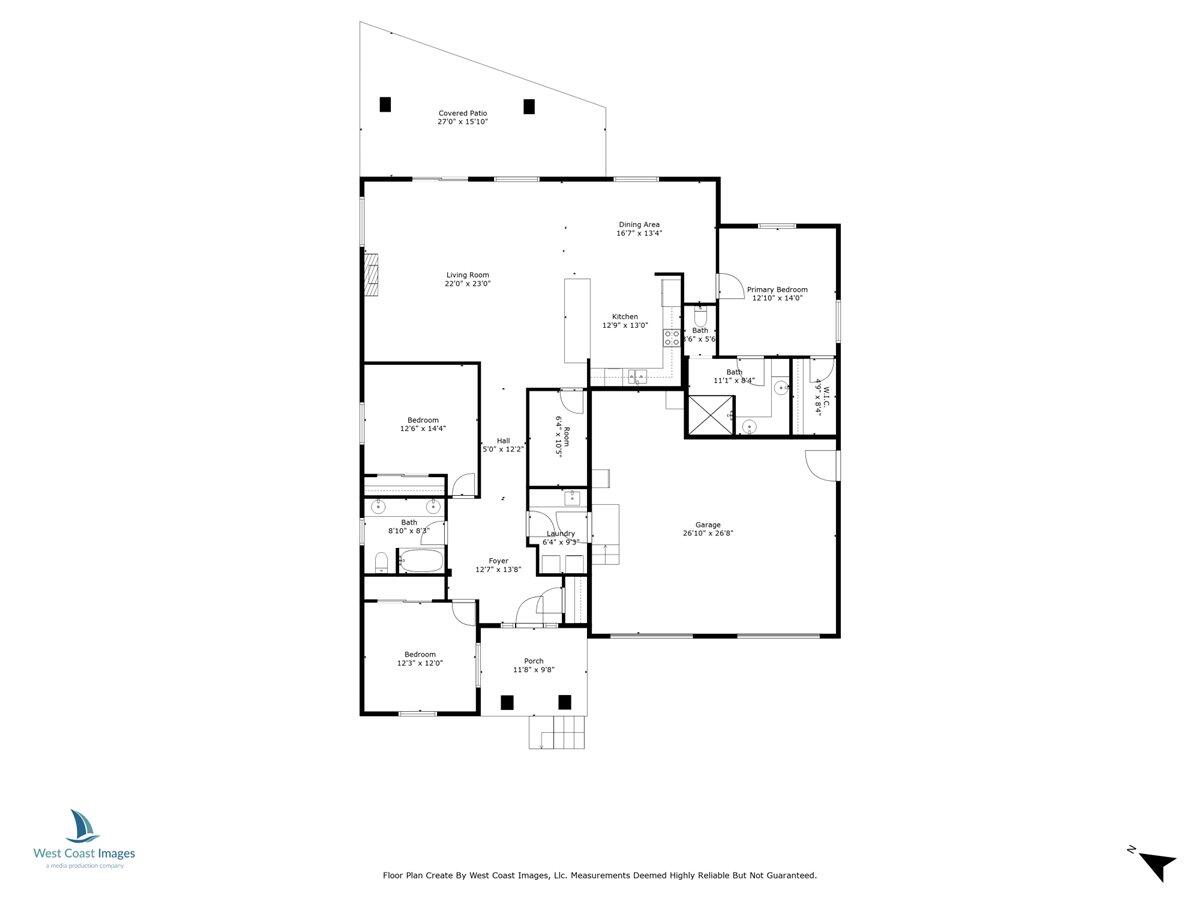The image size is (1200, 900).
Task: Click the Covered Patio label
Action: point(463,113)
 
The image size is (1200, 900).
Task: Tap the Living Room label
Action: point(467,275)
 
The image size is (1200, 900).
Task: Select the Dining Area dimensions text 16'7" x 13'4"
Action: point(639,233)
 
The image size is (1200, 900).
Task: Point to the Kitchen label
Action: point(625,317)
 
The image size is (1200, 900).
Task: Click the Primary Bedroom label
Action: point(777,289)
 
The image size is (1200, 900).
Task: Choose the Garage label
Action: point(708,525)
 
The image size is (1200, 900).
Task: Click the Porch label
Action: point(534,661)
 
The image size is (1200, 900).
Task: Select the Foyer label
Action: point(498,561)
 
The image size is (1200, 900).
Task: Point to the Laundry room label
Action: point(560,534)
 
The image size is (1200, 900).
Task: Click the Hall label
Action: point(503,441)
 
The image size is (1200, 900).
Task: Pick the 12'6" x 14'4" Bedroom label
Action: point(421,420)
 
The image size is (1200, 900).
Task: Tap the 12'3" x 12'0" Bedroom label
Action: point(420,654)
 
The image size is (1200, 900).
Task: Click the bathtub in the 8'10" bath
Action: point(421,562)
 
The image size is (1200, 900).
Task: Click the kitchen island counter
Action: point(577,320)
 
